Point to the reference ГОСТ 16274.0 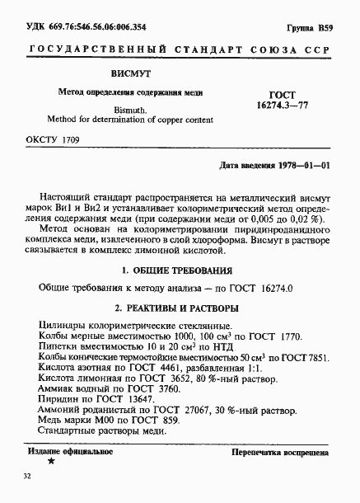coord(258,289)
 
